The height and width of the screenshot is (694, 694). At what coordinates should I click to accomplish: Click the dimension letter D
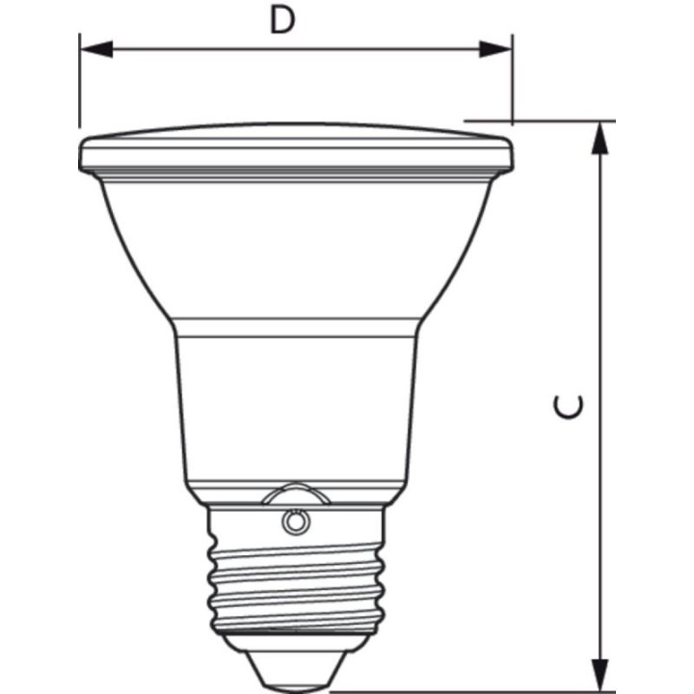point(281,21)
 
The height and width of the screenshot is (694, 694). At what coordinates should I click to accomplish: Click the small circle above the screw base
point(295,522)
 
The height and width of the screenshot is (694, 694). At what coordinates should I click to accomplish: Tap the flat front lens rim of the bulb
point(295,151)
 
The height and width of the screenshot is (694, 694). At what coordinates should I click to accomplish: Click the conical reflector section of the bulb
point(295,251)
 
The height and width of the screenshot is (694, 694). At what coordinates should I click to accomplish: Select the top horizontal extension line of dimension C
point(540,121)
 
